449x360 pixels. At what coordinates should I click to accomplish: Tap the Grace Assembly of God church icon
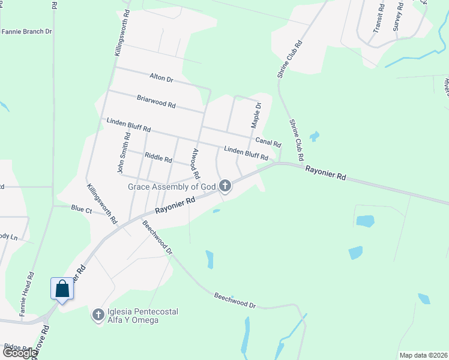click(225, 186)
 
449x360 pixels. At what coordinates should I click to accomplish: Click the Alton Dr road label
click(161, 78)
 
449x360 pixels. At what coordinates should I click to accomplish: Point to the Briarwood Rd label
click(156, 101)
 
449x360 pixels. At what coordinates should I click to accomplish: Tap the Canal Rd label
click(268, 142)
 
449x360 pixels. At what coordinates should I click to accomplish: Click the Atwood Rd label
click(194, 164)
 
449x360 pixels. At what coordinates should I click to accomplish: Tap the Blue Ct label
click(81, 209)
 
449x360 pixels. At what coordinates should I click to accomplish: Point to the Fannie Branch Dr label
click(26, 31)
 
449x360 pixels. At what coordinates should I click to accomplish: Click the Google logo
click(19, 353)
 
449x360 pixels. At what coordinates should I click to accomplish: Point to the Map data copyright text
click(423, 355)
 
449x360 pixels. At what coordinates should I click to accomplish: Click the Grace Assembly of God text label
click(172, 187)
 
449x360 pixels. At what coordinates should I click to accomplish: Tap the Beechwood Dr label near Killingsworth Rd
click(157, 237)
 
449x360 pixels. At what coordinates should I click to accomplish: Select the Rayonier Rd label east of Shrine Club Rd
click(326, 173)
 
